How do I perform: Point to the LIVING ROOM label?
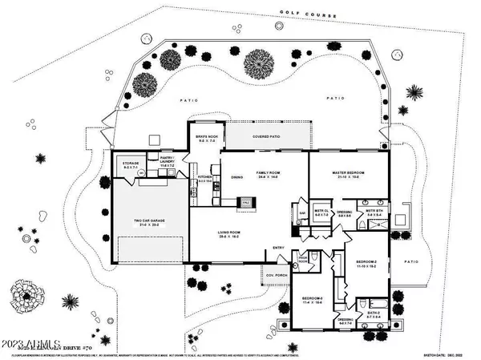pyautogui.click(x=229, y=233)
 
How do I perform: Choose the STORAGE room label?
pyautogui.click(x=130, y=165)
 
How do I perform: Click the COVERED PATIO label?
pyautogui.click(x=265, y=138)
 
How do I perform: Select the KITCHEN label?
pyautogui.click(x=204, y=179)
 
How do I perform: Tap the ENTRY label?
pyautogui.click(x=279, y=247)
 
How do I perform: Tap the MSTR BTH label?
pyautogui.click(x=374, y=213)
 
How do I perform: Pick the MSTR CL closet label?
pyautogui.click(x=321, y=213)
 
